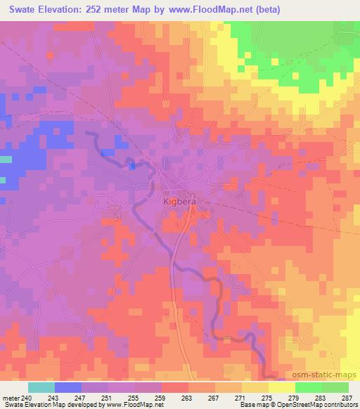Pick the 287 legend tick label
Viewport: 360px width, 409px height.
(347, 397)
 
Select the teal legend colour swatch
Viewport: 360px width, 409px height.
(41, 387)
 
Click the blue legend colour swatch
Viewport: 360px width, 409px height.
(68, 387)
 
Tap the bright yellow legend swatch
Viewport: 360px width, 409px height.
(281, 387)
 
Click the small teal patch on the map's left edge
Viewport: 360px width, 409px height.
(6, 160)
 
